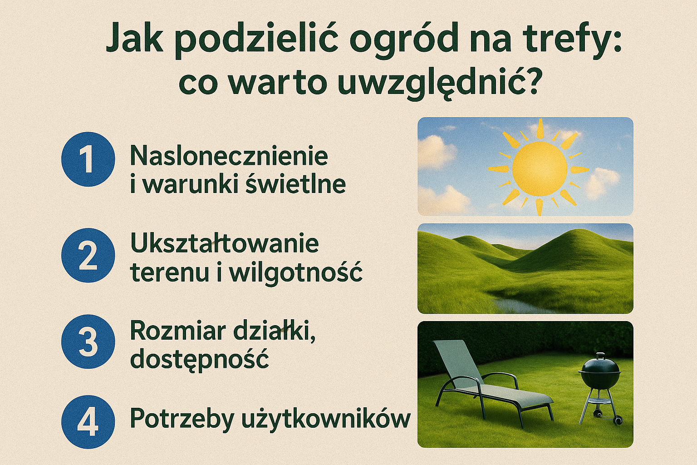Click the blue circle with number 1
coord(88,159)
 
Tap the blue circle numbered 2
coord(88,255)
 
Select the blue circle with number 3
coord(88,341)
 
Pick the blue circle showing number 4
coord(88,422)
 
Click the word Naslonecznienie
coord(229,156)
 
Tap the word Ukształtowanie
coord(225,244)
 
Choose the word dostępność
coord(200,360)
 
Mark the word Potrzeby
coord(181,418)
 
